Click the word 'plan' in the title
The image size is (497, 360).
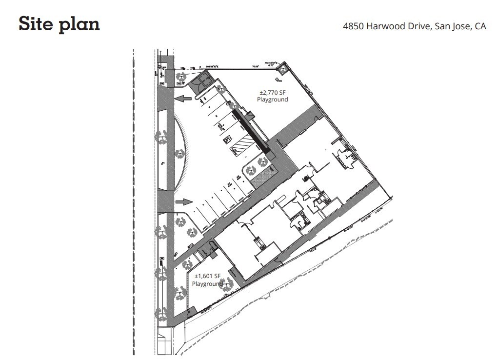[80, 24]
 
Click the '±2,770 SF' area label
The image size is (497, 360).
[272, 92]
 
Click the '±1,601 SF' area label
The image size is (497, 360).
[208, 276]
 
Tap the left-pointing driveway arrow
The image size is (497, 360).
[182, 99]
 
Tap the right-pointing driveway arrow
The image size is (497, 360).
[183, 201]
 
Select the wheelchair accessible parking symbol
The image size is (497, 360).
[226, 140]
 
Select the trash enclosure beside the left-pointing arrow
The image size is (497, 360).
[200, 79]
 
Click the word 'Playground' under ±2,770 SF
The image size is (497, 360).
[272, 100]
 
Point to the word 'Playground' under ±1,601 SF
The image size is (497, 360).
[207, 283]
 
